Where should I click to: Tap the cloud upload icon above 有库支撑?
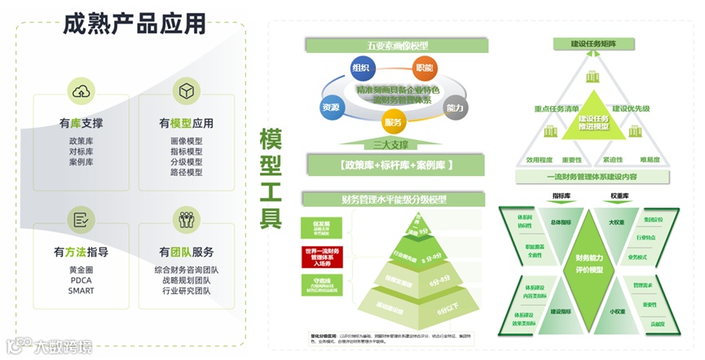click(x=82, y=91)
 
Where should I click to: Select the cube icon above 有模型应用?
click(x=187, y=91)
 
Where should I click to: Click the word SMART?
click(x=82, y=290)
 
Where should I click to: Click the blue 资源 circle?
click(x=331, y=107)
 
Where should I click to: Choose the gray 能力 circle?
click(x=455, y=107)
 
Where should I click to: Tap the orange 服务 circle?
click(x=393, y=122)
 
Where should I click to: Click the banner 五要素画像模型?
click(x=392, y=45)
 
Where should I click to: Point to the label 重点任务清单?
click(x=557, y=108)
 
